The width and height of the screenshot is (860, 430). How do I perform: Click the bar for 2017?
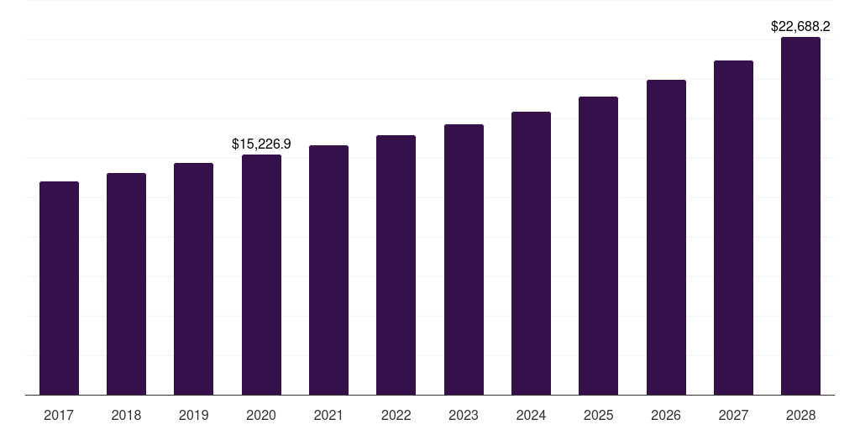59,288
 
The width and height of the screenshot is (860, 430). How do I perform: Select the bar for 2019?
193,279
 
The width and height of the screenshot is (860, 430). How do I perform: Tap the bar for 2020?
261,275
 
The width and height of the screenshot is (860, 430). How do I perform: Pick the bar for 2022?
396,265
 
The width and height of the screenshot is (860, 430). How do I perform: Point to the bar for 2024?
531,253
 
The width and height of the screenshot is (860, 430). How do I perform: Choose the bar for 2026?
666,237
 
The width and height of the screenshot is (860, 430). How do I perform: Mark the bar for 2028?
800,216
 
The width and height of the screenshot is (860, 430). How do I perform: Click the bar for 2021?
328,270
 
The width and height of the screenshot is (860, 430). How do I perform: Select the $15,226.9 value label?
261,144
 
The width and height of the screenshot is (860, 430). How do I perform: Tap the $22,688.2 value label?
800,27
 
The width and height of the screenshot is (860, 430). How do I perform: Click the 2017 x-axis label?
59,415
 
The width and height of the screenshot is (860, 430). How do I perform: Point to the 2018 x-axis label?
126,415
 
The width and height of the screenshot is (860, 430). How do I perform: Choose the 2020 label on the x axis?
261,415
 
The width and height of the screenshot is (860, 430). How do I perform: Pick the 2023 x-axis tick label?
464,415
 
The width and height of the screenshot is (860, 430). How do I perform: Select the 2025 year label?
598,415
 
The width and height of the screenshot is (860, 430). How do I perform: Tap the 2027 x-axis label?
733,415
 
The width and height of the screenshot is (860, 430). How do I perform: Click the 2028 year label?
800,415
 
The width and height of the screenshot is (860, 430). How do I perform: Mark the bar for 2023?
464,260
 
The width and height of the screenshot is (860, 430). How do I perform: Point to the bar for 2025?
598,245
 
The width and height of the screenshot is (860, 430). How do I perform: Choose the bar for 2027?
733,228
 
